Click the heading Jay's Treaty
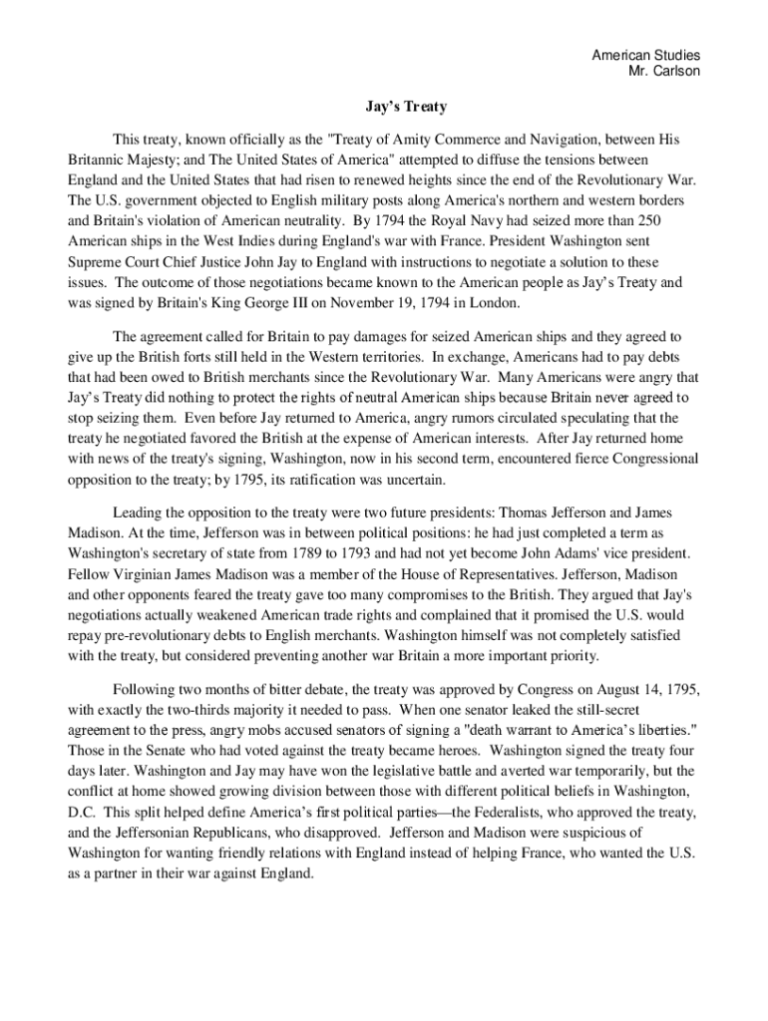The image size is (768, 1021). [404, 106]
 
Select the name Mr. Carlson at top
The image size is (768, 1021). [663, 72]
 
